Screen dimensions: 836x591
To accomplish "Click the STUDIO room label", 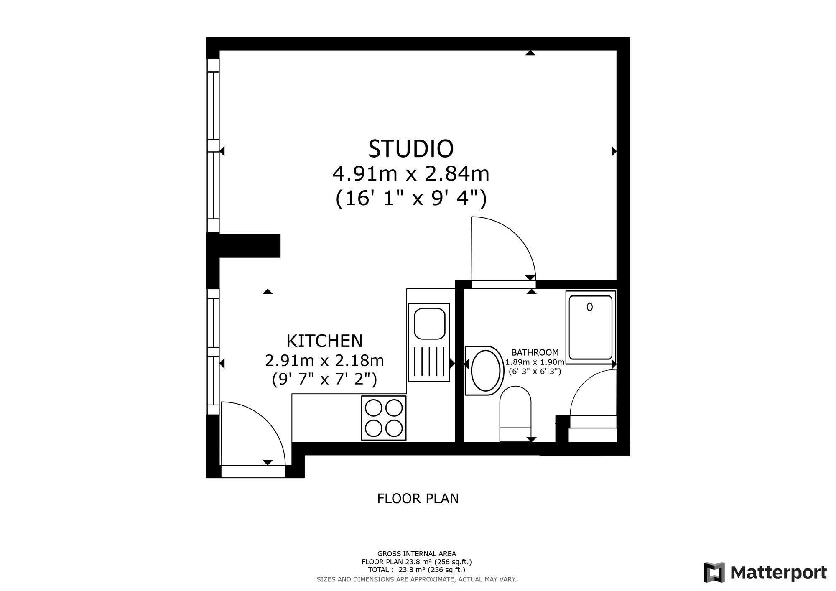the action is [411, 149].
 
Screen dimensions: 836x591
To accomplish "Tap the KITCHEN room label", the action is [324, 341].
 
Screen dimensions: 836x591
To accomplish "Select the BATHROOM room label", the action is [535, 353].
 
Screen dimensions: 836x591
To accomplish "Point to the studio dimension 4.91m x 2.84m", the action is [411, 173].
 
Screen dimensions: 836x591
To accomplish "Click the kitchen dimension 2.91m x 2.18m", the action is [324, 360].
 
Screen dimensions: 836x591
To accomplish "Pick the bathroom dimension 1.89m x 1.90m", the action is [535, 362].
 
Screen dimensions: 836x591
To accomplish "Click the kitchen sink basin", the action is [429, 324].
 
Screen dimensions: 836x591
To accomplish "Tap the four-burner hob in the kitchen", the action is [384, 418].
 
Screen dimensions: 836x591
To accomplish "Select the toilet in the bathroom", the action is [515, 413].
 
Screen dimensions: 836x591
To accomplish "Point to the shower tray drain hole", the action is [589, 307].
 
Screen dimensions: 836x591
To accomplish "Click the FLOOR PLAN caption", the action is [418, 499].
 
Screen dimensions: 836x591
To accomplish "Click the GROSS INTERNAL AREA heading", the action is [417, 554].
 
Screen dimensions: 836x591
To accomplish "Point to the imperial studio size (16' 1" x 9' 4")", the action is [411, 199].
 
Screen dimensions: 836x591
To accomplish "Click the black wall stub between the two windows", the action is [244, 246].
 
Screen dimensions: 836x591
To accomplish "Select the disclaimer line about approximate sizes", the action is [417, 579].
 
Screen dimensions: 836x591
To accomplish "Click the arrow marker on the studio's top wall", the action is [530, 53].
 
